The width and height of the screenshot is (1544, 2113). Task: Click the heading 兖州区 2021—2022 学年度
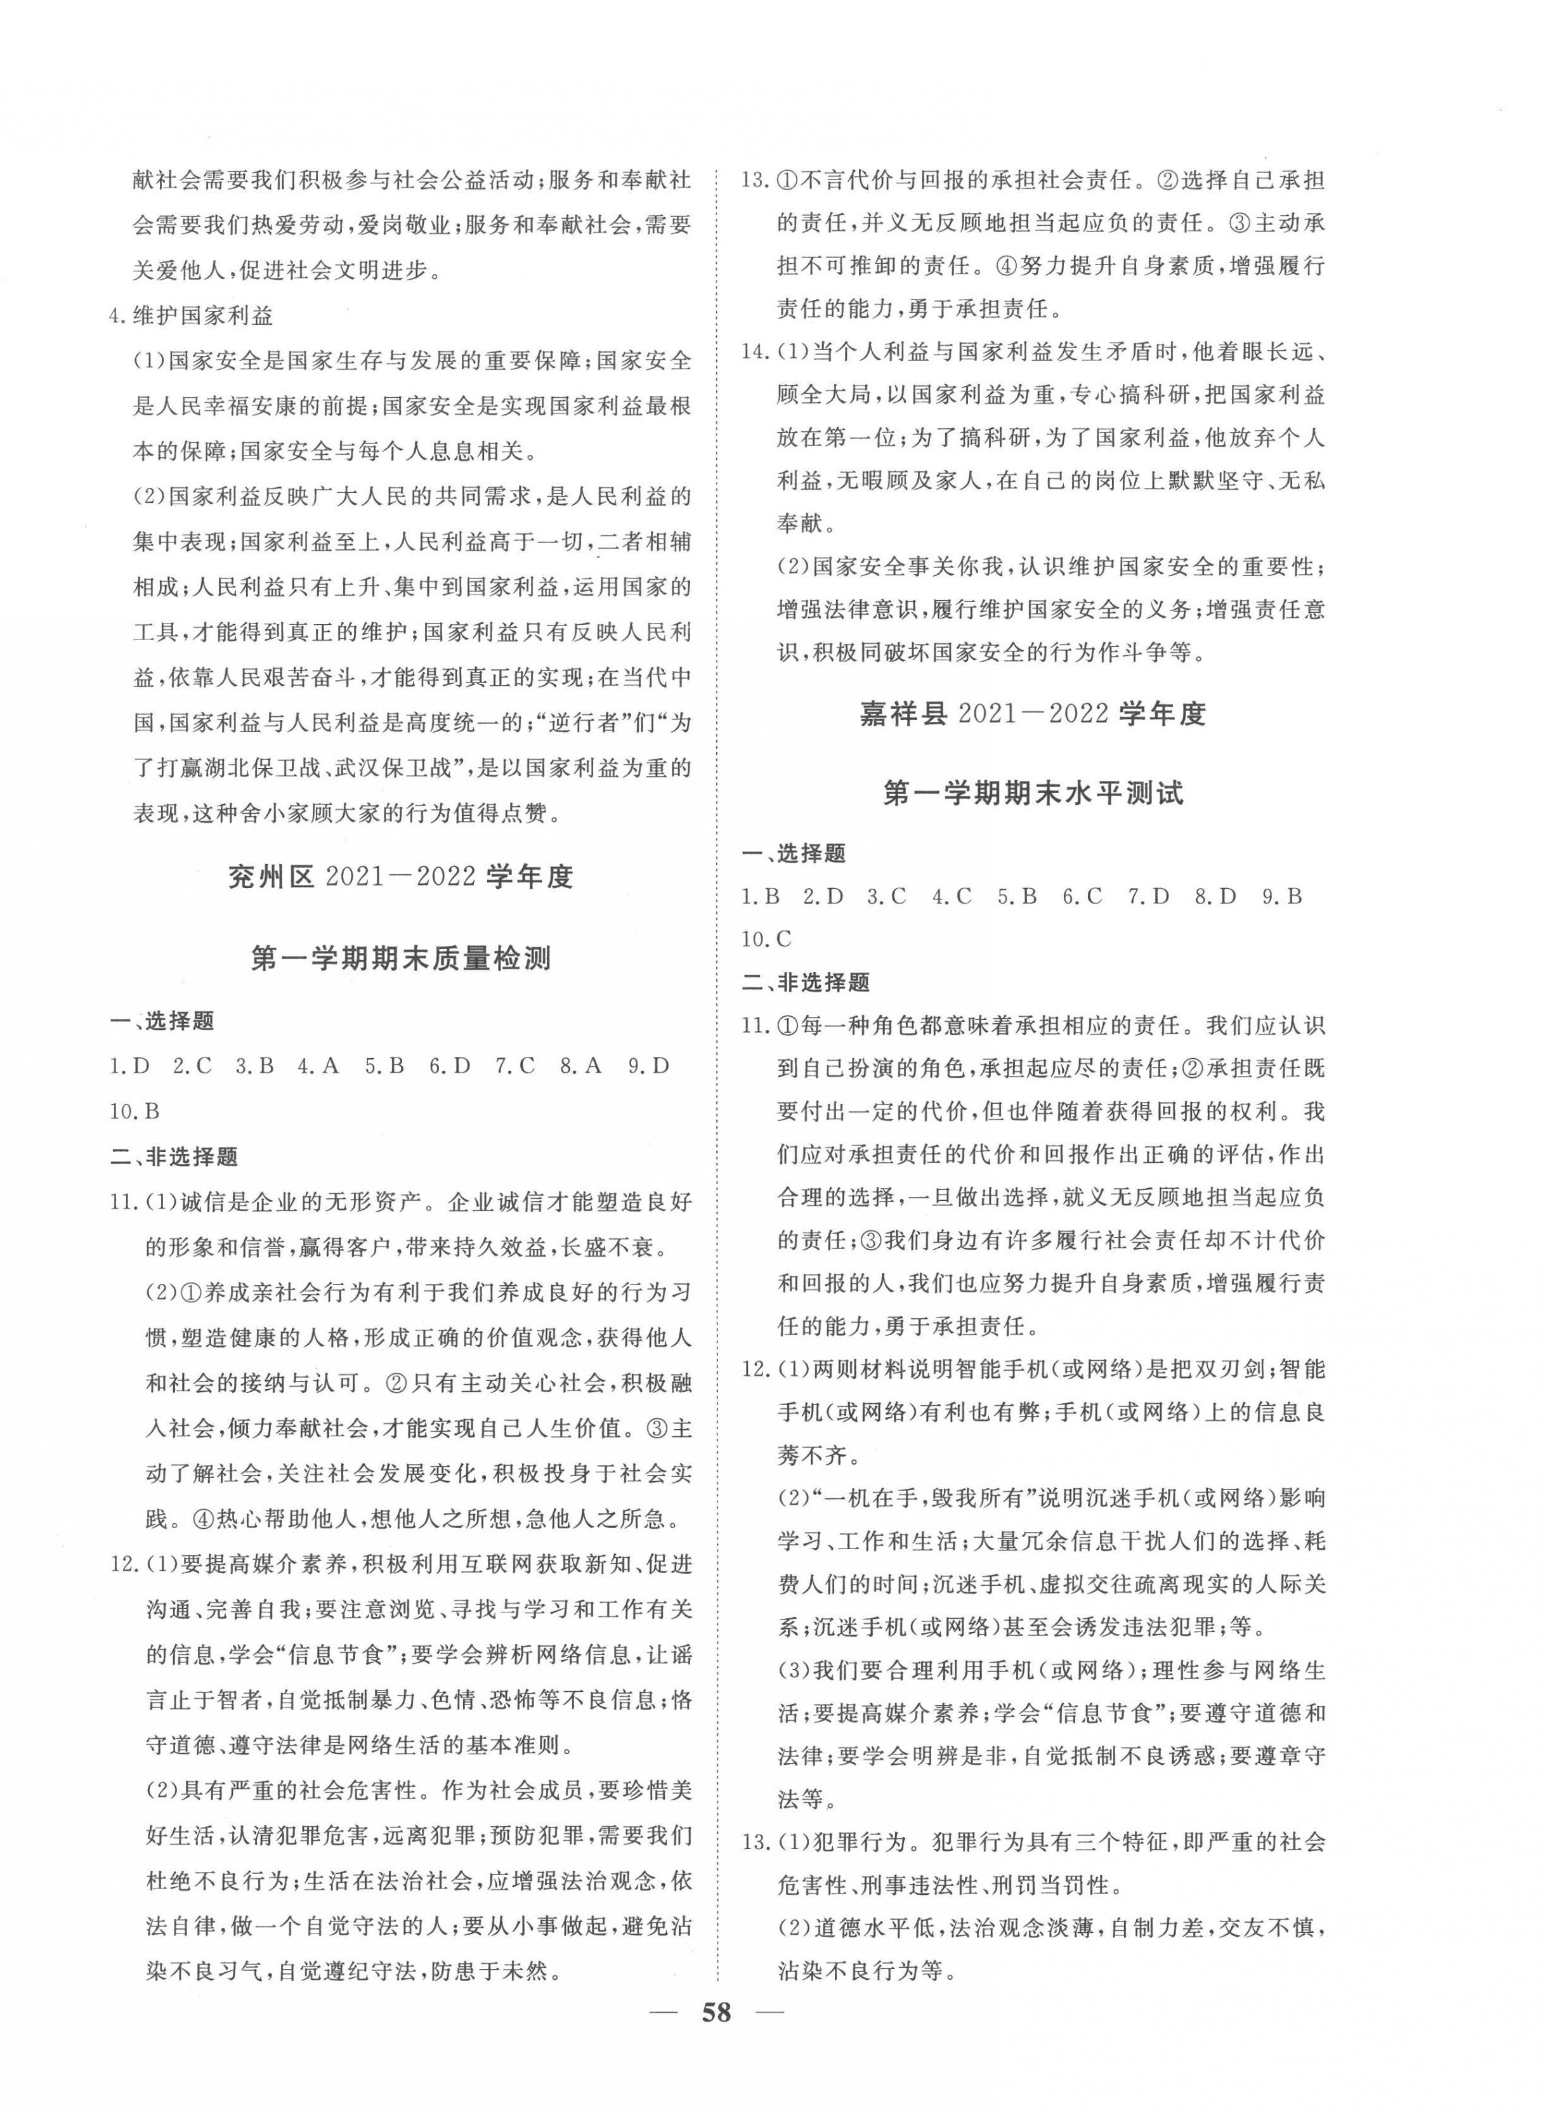[400, 877]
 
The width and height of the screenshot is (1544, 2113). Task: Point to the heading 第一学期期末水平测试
[1033, 794]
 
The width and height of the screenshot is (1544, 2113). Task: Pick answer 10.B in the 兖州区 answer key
[136, 1111]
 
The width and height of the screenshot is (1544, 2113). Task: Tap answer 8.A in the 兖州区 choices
[580, 1066]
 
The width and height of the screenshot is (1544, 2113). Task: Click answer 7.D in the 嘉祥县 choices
[1149, 896]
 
